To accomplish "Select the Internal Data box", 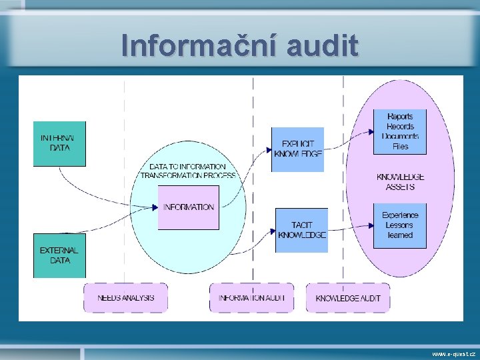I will point(59,143).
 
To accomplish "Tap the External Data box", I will point(59,255).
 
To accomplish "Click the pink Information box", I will point(189,207).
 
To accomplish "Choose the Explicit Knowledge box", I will point(297,149).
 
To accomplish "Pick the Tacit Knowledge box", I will point(301,230).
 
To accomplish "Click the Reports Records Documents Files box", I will point(399,132).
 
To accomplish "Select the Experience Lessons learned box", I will point(399,225).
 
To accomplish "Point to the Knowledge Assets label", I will point(400,182).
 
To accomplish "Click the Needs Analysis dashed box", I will point(125,297).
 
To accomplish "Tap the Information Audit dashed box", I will point(251,297).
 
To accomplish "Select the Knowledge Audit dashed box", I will point(348,297).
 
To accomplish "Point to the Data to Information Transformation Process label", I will point(188,171).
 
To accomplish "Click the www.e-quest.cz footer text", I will point(453,353).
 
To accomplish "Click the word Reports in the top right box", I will point(400,117).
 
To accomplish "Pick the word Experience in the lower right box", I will point(400,215).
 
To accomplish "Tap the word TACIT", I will point(301,225).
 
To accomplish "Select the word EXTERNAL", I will point(59,251).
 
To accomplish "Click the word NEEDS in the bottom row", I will point(109,297).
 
